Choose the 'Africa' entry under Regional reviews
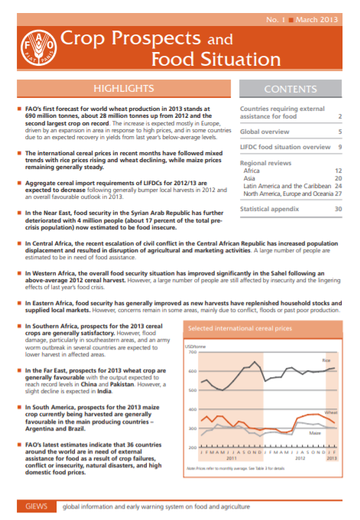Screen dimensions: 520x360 (x=251, y=170)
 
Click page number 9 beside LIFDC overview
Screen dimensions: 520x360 (x=339, y=146)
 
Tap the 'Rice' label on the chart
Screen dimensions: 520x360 (x=326, y=359)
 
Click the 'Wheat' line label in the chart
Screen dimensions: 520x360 (x=330, y=412)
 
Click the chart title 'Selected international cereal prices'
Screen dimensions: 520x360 (x=240, y=329)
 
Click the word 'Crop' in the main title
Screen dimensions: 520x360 (x=83, y=37)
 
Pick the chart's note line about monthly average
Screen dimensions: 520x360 (x=241, y=466)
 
